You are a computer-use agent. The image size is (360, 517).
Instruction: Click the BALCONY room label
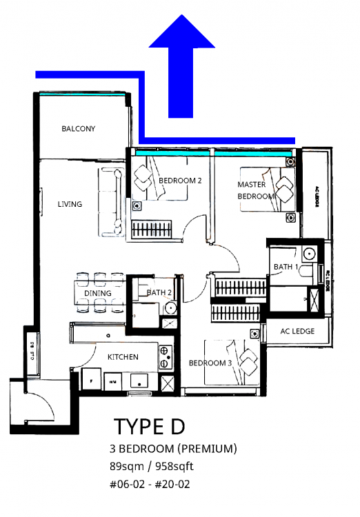pyautogui.click(x=78, y=129)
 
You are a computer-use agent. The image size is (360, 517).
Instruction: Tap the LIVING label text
pyautogui.click(x=70, y=204)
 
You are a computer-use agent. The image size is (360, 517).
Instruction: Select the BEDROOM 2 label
pyautogui.click(x=180, y=181)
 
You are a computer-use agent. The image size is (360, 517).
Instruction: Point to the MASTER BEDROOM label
pyautogui.click(x=256, y=190)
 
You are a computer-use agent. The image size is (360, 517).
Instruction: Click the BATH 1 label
pyautogui.click(x=286, y=266)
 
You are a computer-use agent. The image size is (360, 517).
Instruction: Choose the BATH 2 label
pyautogui.click(x=159, y=293)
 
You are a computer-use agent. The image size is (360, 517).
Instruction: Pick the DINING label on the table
pyautogui.click(x=98, y=294)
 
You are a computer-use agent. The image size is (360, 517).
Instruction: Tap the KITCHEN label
pyautogui.click(x=123, y=357)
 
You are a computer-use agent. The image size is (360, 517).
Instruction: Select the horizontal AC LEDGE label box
pyautogui.click(x=297, y=332)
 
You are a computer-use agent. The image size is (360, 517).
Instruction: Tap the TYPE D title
pyautogui.click(x=150, y=427)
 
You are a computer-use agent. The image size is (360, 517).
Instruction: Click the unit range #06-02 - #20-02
pyautogui.click(x=150, y=485)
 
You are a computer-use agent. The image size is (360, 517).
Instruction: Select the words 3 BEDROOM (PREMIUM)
pyautogui.click(x=173, y=449)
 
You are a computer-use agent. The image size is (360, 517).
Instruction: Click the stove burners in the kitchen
pyautogui.click(x=165, y=356)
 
